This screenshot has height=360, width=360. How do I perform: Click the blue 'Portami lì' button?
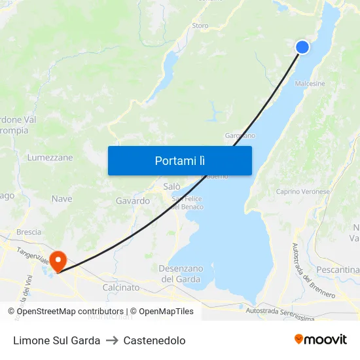click(179, 160)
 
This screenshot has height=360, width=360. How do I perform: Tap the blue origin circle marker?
click(302, 46)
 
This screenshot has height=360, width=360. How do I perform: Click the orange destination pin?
click(58, 261)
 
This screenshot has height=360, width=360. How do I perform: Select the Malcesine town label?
click(310, 84)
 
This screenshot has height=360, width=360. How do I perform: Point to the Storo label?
click(200, 26)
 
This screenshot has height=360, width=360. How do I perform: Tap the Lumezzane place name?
click(50, 158)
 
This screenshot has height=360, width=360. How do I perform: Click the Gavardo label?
click(133, 201)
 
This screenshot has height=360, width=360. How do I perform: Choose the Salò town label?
click(171, 187)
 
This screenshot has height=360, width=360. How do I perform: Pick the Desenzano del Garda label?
click(181, 274)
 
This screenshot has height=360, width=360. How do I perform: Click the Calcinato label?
click(121, 287)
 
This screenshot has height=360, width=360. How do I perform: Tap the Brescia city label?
click(29, 232)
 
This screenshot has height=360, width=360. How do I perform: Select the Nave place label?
click(62, 198)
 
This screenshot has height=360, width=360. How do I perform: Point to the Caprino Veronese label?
click(302, 191)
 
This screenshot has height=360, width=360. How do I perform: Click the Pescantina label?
click(338, 270)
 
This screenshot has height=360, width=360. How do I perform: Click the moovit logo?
click(320, 339)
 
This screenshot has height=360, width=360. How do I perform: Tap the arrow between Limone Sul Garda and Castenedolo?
click(112, 340)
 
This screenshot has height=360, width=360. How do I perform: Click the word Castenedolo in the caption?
click(154, 340)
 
